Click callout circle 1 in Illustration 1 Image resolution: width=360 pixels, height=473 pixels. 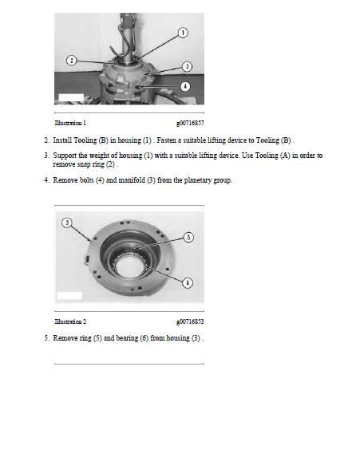tap(183, 33)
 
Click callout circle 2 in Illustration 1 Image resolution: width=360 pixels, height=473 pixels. tap(71, 61)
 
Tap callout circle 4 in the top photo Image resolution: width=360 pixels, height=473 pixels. tap(185, 87)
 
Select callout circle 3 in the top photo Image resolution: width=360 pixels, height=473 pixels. tap(187, 66)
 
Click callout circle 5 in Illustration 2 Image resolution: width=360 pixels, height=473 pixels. tap(188, 237)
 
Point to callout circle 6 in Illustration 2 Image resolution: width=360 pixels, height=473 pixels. tap(188, 282)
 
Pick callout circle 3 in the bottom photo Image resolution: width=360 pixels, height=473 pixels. tap(67, 223)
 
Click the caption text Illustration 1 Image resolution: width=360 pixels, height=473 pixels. tap(70, 123)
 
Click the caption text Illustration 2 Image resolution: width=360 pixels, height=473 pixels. tap(70, 321)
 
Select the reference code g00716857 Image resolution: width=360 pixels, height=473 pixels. tap(190, 123)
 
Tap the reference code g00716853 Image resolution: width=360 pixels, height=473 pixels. tap(190, 321)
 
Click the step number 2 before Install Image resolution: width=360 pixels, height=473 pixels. tap(46, 140)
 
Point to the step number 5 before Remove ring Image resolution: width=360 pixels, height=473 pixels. tap(46, 338)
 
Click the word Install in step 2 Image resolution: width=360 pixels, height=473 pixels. tap(62, 140)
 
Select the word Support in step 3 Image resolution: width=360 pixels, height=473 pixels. tap(65, 156)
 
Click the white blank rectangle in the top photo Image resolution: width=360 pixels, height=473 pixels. tap(71, 97)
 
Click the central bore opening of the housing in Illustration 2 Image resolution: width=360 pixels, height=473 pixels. tap(130, 267)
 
